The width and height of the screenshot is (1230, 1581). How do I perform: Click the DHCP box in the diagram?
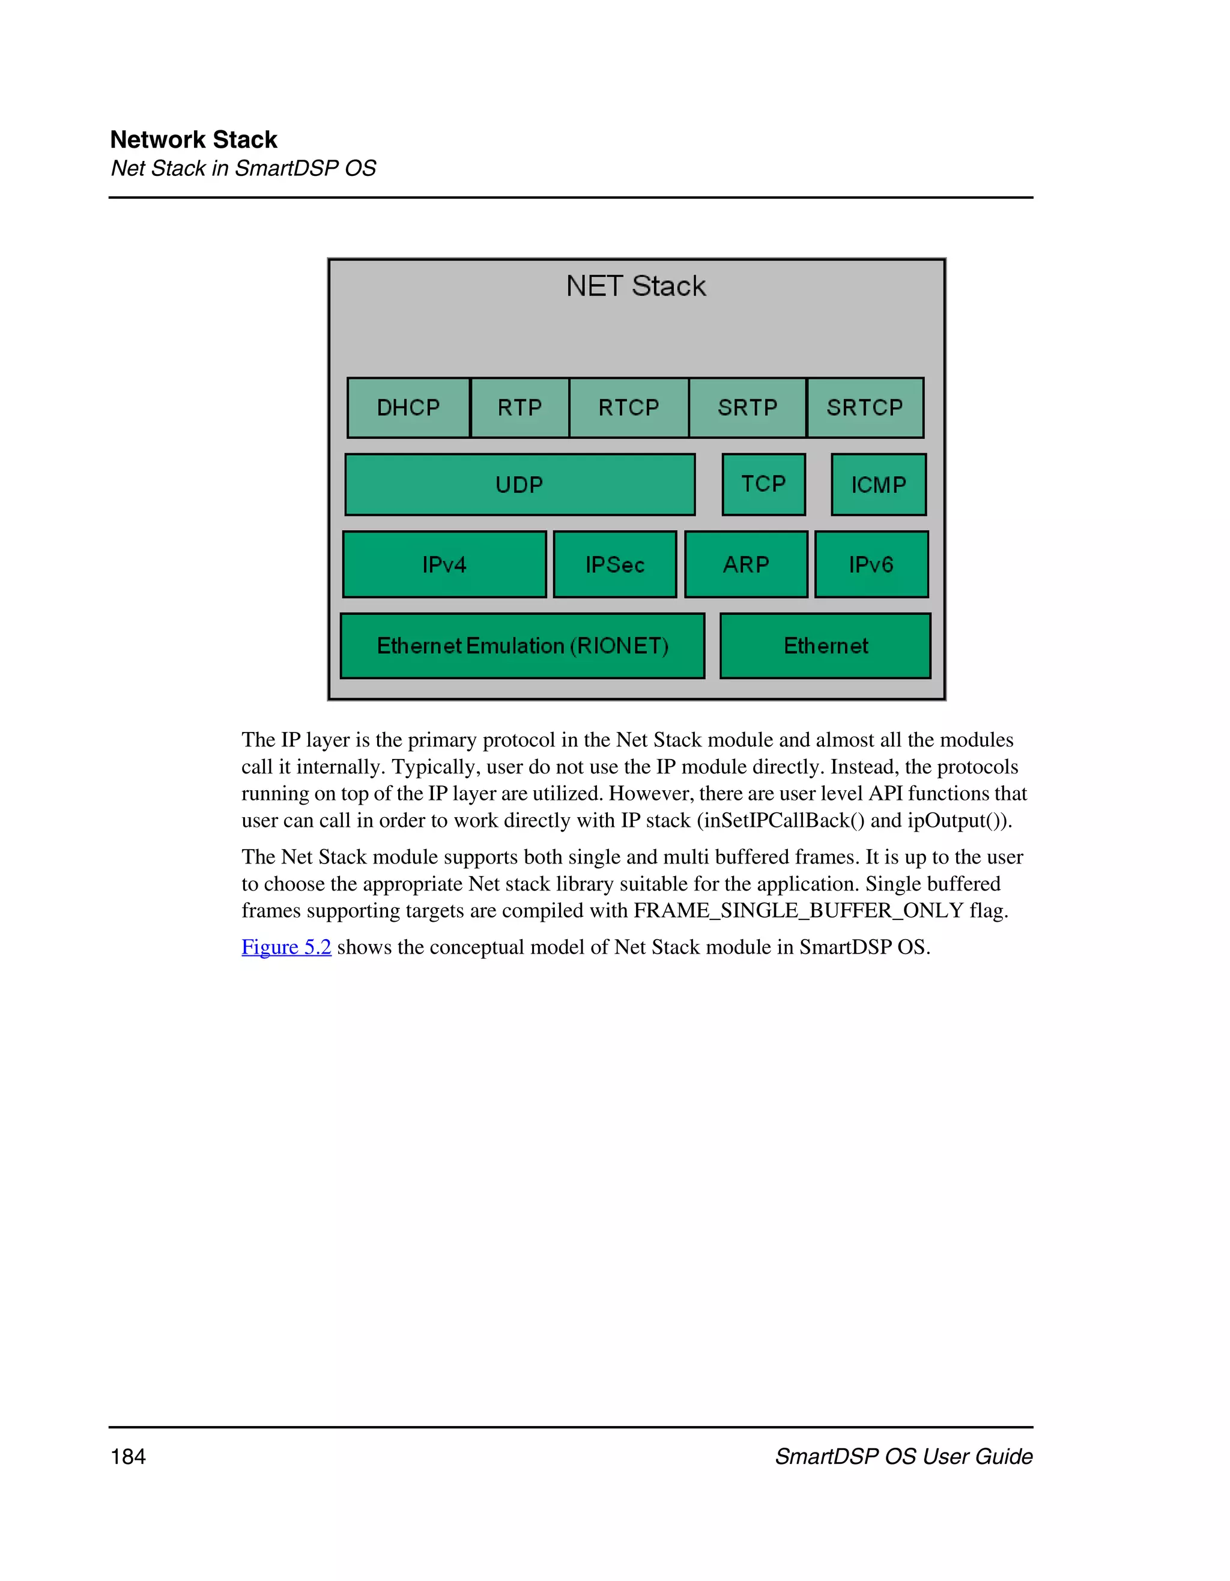pyautogui.click(x=408, y=408)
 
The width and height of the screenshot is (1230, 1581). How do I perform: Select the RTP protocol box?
pyautogui.click(x=520, y=408)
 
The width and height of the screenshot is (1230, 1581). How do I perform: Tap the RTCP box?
pyautogui.click(x=628, y=408)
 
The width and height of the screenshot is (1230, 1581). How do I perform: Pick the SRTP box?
pyautogui.click(x=747, y=408)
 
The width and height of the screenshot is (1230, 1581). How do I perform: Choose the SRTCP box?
pyautogui.click(x=865, y=408)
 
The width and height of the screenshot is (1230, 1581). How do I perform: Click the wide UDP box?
pyautogui.click(x=520, y=485)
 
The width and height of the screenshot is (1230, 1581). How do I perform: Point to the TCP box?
pyautogui.click(x=764, y=485)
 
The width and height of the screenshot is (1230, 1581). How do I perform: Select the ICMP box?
pyautogui.click(x=879, y=485)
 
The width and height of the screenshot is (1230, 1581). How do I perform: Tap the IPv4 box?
pyautogui.click(x=444, y=564)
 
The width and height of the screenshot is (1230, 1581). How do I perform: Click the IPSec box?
pyautogui.click(x=614, y=564)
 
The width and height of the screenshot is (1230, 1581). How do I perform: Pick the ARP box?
pyautogui.click(x=746, y=564)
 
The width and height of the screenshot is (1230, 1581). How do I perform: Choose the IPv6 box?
pyautogui.click(x=871, y=564)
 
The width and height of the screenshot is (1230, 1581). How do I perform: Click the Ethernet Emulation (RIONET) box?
pyautogui.click(x=522, y=645)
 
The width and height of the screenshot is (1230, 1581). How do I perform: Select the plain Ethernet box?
pyautogui.click(x=825, y=645)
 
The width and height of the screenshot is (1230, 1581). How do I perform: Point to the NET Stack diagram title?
pyautogui.click(x=635, y=286)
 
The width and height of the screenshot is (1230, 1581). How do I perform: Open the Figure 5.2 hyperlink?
pyautogui.click(x=286, y=947)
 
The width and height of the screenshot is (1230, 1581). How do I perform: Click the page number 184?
pyautogui.click(x=128, y=1457)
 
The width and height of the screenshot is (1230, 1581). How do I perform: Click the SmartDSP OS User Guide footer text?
pyautogui.click(x=903, y=1457)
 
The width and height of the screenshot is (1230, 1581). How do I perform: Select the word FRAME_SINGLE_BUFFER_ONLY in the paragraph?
pyautogui.click(x=799, y=911)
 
